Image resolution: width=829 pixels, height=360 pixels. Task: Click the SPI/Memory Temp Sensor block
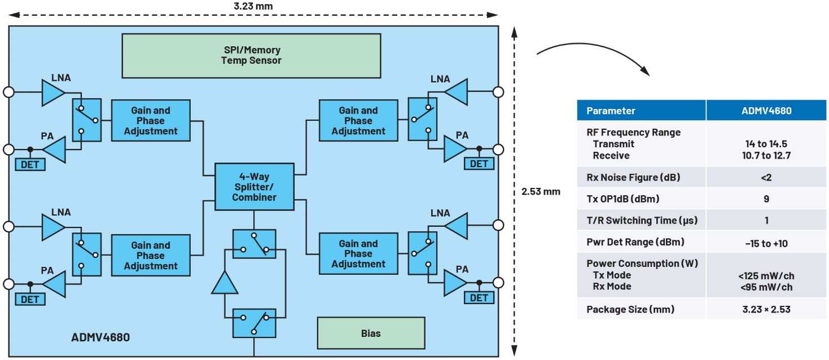click(x=251, y=55)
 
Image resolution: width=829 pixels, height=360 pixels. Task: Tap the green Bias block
click(x=370, y=333)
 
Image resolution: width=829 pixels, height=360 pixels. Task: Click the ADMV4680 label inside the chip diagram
click(x=100, y=339)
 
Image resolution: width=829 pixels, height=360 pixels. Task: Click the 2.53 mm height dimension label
click(x=541, y=191)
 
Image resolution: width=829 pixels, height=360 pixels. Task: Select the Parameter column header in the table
click(x=611, y=111)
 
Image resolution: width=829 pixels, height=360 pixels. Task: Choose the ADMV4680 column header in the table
click(x=766, y=111)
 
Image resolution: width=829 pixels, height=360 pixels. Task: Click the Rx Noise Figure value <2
click(x=766, y=178)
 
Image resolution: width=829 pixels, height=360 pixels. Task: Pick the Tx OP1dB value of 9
click(x=766, y=199)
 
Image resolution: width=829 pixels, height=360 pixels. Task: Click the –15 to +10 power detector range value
click(x=766, y=243)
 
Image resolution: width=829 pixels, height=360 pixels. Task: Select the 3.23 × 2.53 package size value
click(x=766, y=309)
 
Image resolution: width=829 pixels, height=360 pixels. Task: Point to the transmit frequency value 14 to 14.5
click(x=766, y=144)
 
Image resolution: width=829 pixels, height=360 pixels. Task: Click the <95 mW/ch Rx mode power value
click(x=766, y=287)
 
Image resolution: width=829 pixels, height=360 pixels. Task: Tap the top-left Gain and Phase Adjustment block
click(x=151, y=121)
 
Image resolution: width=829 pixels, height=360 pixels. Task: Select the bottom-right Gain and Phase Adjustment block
click(x=358, y=254)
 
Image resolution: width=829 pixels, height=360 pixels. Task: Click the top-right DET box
click(x=479, y=164)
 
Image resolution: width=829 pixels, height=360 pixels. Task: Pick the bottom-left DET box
click(x=29, y=299)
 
